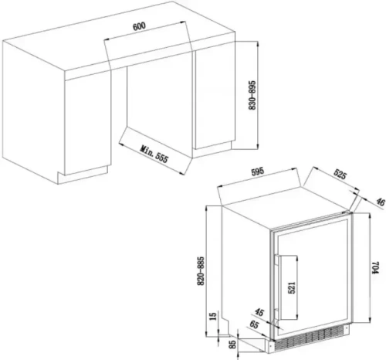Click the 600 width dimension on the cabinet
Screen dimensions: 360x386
tap(139, 27)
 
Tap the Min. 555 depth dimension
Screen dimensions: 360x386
tap(155, 155)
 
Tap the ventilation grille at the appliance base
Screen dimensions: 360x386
tap(309, 339)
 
